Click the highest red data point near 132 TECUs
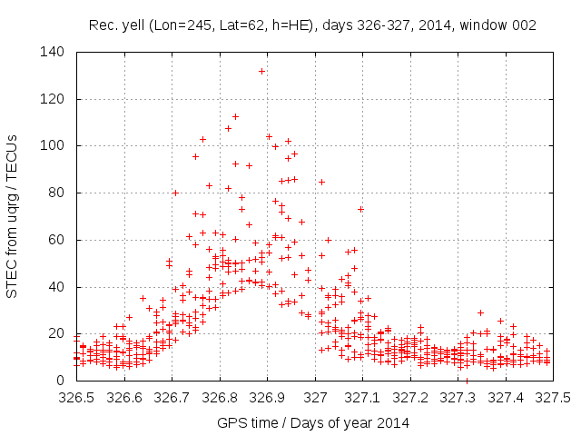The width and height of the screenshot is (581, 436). (x=261, y=71)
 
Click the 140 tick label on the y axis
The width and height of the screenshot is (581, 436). (x=52, y=52)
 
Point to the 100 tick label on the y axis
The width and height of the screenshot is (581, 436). (x=52, y=145)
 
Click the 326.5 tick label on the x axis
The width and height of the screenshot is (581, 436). (x=76, y=398)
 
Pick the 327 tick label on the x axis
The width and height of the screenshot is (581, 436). (x=315, y=398)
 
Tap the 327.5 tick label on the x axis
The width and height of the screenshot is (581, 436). (x=554, y=398)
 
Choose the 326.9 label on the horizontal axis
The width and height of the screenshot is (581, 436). (x=267, y=398)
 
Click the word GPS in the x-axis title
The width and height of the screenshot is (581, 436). (x=233, y=422)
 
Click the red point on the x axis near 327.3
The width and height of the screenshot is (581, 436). (x=467, y=381)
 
